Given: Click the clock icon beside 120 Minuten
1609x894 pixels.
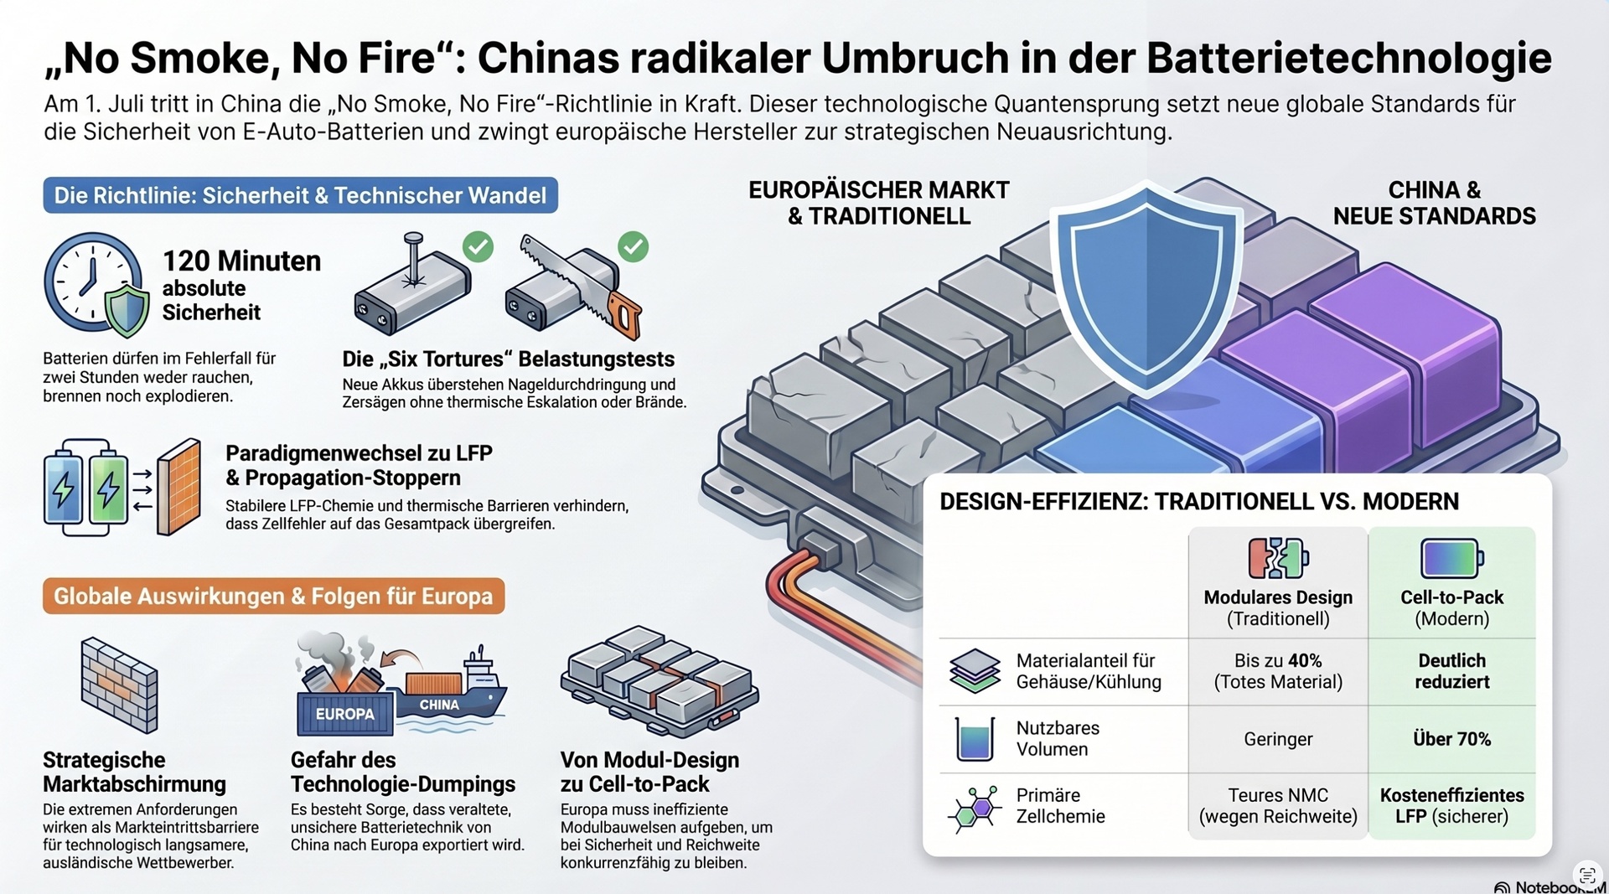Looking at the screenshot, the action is point(90,282).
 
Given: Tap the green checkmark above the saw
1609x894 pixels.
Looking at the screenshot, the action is point(633,246).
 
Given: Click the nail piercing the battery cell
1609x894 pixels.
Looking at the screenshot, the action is point(412,260).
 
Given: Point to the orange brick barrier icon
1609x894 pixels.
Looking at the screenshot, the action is point(178,487).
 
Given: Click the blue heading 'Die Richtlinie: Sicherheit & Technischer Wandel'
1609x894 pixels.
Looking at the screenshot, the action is point(300,195).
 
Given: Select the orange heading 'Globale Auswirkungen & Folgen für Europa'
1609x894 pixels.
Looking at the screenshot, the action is point(273,596).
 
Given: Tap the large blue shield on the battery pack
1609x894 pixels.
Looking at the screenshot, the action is point(1146,287).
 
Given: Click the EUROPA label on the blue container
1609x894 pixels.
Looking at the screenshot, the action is point(344,714).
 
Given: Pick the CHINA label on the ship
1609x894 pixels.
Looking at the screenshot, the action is point(439,705).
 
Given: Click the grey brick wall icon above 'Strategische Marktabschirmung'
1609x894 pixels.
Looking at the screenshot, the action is point(119,684).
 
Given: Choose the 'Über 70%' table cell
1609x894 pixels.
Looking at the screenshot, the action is point(1451,739).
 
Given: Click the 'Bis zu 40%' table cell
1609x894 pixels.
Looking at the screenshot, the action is point(1278,671).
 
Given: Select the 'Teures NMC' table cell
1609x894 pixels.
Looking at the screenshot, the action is point(1278,805).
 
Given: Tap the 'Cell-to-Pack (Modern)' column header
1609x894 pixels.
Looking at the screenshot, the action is point(1451,607).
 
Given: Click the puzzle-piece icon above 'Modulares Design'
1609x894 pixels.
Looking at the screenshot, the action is point(1278,558).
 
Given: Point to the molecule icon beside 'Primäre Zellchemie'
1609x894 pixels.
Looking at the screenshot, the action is point(975,809).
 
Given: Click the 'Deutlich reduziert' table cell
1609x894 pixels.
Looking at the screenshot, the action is point(1451,671).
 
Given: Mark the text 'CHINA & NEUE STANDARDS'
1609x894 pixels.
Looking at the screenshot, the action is point(1434,203).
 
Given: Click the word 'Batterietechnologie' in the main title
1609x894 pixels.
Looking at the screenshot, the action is point(1349,58).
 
